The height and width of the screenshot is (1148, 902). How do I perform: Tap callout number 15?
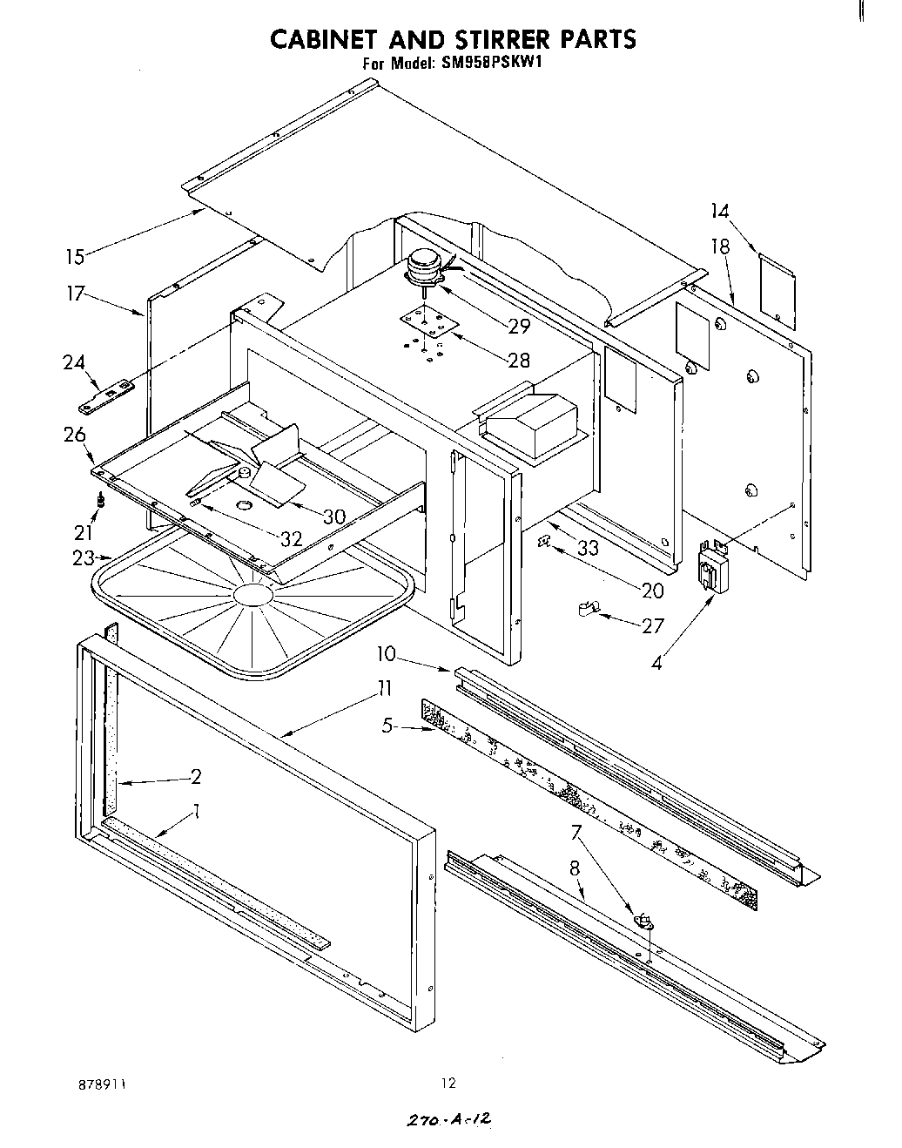(x=75, y=256)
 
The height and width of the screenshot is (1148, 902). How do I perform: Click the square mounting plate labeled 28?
(x=427, y=326)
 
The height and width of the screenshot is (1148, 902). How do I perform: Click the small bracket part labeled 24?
(x=105, y=396)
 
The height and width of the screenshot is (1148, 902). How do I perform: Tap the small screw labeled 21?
(x=101, y=501)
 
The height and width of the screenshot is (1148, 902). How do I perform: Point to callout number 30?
(x=333, y=517)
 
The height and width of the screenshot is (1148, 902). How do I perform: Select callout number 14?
(x=718, y=211)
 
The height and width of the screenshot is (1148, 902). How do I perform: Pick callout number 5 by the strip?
(x=388, y=725)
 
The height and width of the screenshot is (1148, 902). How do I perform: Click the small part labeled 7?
(x=644, y=917)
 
